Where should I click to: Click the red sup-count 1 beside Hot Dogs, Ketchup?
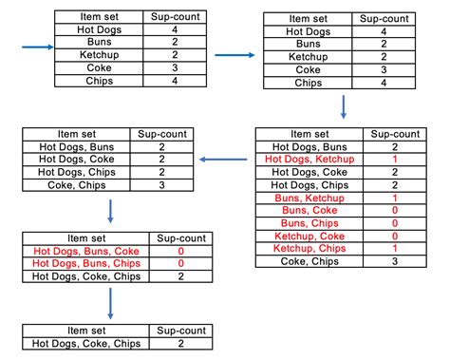pyautogui.click(x=395, y=160)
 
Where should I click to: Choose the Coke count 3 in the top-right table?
pyautogui.click(x=383, y=69)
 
